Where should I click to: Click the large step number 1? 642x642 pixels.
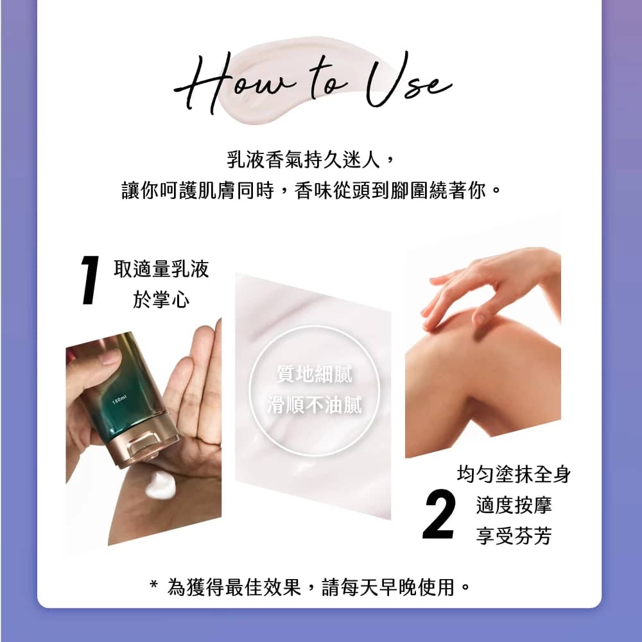pyautogui.click(x=91, y=280)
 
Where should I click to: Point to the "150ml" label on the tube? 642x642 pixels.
pyautogui.click(x=119, y=400)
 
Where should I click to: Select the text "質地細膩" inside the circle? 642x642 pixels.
pyautogui.click(x=314, y=375)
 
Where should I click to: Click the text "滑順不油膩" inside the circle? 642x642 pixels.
pyautogui.click(x=314, y=405)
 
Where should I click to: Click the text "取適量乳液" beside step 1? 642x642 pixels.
pyautogui.click(x=161, y=269)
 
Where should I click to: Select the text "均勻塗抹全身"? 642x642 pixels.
pyautogui.click(x=514, y=475)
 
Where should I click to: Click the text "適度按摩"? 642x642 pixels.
pyautogui.click(x=514, y=505)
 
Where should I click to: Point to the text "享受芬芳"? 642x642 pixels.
pyautogui.click(x=514, y=536)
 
